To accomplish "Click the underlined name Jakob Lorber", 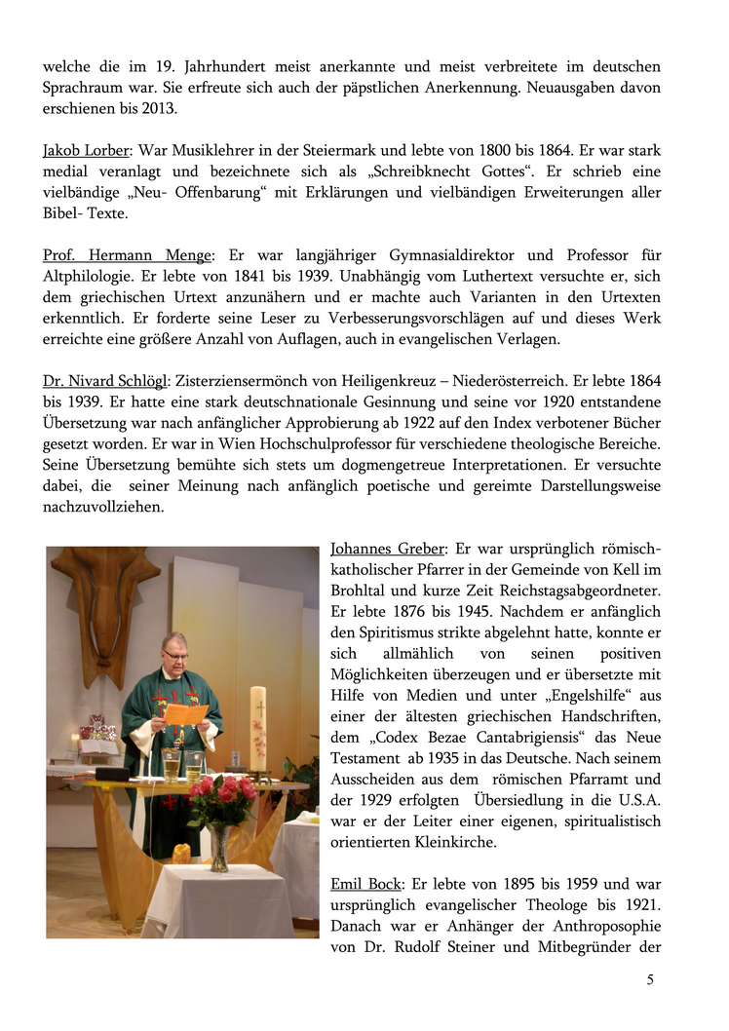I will [87, 151].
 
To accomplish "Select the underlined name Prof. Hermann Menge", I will [127, 255].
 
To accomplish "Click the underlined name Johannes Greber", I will [387, 549].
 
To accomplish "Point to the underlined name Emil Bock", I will [365, 884].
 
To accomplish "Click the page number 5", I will [650, 980].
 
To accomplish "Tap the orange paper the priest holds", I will [184, 714].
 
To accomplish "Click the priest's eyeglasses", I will [174, 655].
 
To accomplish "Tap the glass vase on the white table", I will [220, 846].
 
